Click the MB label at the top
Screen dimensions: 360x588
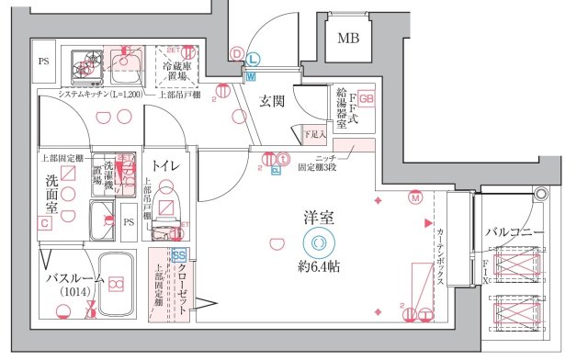point(348,38)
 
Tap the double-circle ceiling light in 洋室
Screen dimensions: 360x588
point(318,242)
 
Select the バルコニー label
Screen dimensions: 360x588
point(515,231)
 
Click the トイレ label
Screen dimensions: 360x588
point(165,165)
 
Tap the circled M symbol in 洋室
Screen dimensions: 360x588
point(415,197)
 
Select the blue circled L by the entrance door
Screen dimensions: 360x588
point(253,59)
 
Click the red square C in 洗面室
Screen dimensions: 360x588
point(43,223)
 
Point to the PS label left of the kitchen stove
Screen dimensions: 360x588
point(43,62)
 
